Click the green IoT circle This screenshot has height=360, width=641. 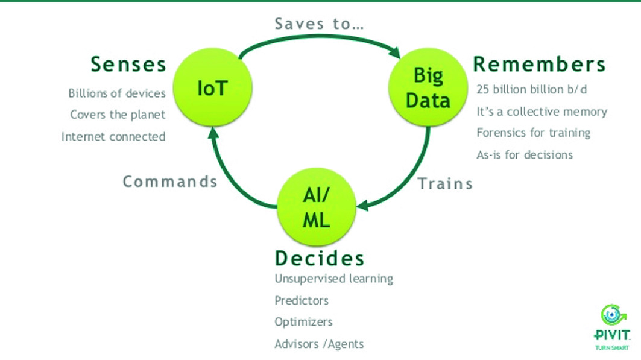(212, 89)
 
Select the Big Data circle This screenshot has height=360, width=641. (428, 89)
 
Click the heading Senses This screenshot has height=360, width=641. (128, 63)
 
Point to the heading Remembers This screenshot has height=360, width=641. (539, 64)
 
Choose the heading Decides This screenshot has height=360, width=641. (320, 259)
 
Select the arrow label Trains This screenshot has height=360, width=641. (445, 184)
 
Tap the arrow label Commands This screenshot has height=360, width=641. (170, 181)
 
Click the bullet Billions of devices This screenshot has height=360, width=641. (116, 93)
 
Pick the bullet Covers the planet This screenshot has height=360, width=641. (118, 115)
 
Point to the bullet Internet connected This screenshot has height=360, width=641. (113, 136)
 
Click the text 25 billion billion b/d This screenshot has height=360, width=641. (531, 90)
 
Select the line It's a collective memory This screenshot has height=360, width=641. (542, 112)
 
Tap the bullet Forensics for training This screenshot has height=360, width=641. (533, 133)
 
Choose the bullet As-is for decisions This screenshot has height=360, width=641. (525, 154)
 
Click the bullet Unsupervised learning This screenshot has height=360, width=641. (333, 279)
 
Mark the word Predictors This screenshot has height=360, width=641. (302, 300)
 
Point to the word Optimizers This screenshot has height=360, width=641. (303, 322)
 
